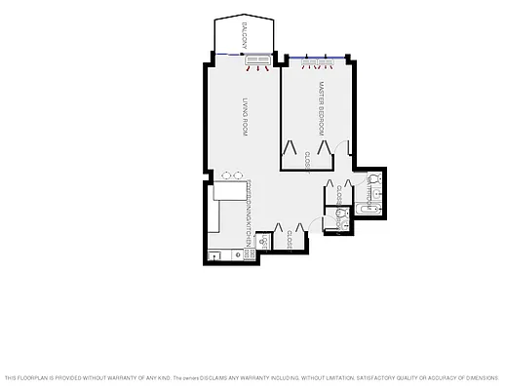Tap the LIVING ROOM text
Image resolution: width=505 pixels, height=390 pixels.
[x=245, y=118]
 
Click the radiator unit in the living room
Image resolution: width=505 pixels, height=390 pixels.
[x=258, y=61]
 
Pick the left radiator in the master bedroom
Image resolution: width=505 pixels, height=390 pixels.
[x=309, y=62]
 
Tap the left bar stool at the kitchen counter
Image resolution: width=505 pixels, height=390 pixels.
[x=226, y=175]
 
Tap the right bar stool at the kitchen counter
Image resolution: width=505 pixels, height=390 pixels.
[x=239, y=175]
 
